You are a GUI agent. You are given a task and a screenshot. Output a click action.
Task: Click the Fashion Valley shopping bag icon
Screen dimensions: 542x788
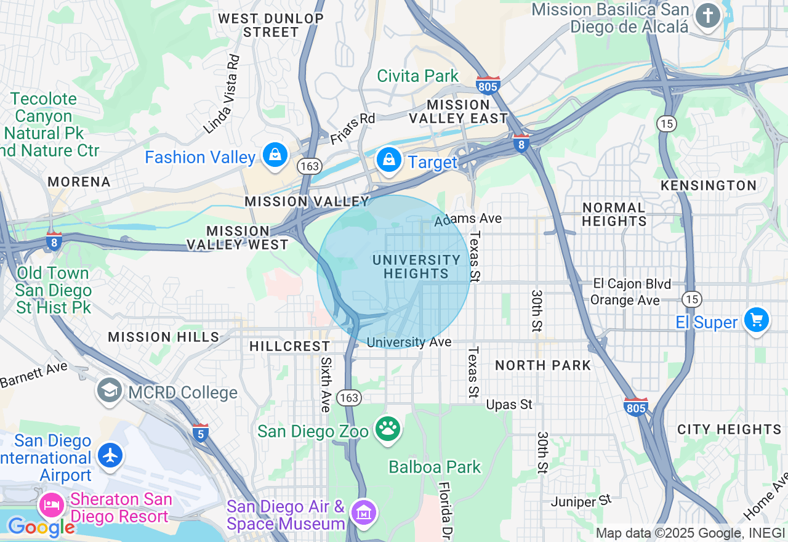coord(275,155)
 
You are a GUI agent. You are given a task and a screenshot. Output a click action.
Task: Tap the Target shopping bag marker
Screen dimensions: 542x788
coord(389,160)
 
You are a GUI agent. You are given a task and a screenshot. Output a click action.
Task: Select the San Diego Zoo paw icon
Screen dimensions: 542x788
coord(388,429)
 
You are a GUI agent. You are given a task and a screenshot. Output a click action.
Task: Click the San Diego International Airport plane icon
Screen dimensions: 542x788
coord(111,456)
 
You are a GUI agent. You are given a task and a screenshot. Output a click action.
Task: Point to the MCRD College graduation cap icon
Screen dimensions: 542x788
coord(109,390)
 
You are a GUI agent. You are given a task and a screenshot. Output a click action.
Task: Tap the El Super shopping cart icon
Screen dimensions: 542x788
coord(757,320)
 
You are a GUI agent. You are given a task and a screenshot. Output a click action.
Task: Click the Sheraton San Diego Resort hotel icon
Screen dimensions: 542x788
coord(51,506)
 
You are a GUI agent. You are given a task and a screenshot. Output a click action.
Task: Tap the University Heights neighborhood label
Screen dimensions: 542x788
coord(416,267)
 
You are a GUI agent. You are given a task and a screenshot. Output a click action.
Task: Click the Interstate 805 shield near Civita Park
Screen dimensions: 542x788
coord(488,85)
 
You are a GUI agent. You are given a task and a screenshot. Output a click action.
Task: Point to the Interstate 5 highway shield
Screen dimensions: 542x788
coord(200,432)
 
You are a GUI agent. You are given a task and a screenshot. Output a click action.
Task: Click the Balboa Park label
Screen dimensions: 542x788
coord(434,467)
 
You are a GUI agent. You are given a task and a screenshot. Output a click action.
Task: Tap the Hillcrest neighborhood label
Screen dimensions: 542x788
coord(290,347)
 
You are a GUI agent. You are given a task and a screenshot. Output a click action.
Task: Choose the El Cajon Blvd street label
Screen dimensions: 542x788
coord(632,284)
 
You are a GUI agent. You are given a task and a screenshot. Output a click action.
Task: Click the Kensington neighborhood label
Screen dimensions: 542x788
coord(708,185)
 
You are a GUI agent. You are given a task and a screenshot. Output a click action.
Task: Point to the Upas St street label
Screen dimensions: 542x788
coord(509,405)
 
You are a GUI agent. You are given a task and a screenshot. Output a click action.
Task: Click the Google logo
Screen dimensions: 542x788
coord(41,527)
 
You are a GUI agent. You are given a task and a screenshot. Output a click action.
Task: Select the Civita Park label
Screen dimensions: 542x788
coord(417,76)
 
